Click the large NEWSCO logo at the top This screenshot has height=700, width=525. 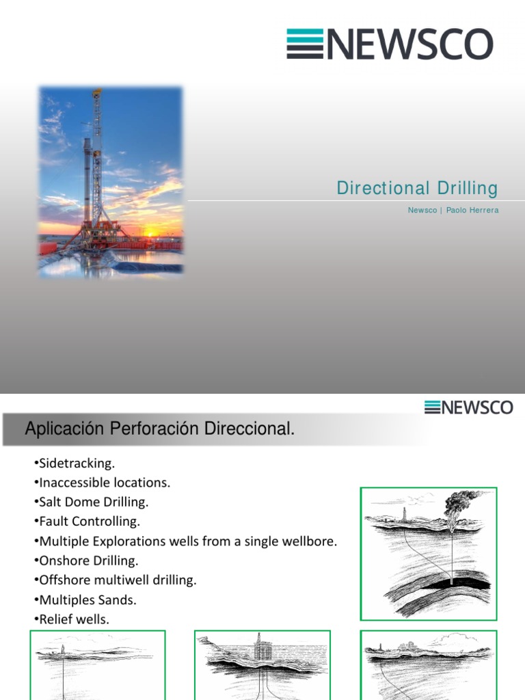390,44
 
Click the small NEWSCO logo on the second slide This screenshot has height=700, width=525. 468,407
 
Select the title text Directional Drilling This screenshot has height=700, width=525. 417,189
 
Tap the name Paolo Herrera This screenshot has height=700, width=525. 472,211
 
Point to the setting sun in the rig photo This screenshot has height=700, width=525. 150,234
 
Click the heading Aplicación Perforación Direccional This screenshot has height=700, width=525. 160,430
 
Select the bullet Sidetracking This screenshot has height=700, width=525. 77,463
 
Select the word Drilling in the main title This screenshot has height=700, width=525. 467,189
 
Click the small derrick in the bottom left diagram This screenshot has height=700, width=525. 64,649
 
